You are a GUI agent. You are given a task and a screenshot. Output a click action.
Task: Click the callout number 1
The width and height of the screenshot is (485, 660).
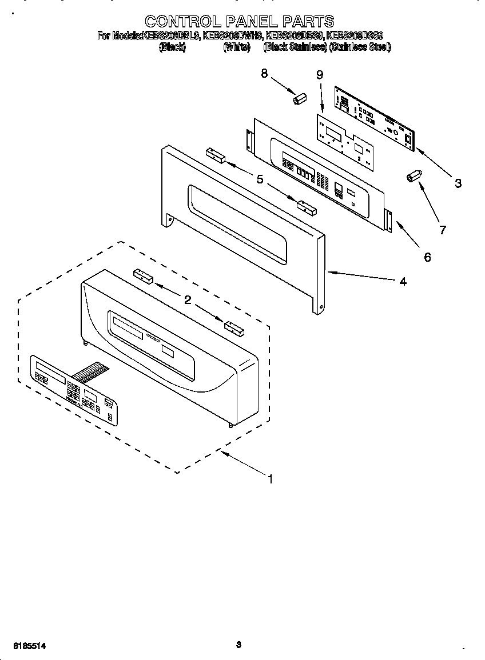(270, 479)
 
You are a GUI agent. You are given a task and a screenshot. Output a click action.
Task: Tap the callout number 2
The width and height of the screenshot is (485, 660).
(187, 299)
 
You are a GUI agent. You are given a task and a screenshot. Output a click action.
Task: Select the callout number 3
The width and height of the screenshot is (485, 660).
(458, 183)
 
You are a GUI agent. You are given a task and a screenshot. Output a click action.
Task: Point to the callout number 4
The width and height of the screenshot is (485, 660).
(403, 281)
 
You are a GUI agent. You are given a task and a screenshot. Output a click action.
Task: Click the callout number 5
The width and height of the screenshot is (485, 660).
(260, 179)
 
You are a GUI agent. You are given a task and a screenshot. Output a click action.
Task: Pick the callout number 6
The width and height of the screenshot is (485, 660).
(427, 257)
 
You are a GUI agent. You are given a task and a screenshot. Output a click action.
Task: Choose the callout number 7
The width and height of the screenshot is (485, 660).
(442, 230)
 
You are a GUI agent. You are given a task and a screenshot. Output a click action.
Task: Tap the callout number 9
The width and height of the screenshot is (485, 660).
(319, 75)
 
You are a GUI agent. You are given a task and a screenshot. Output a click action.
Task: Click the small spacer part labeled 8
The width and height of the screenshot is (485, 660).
(298, 99)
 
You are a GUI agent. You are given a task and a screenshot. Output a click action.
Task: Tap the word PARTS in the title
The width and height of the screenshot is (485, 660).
(305, 22)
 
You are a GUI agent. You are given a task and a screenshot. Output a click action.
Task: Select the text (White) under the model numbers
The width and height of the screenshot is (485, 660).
(236, 47)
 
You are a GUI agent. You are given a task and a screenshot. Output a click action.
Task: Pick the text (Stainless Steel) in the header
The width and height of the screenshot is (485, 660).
(359, 47)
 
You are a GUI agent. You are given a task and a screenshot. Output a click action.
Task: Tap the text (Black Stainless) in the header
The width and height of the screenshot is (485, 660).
(295, 47)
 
